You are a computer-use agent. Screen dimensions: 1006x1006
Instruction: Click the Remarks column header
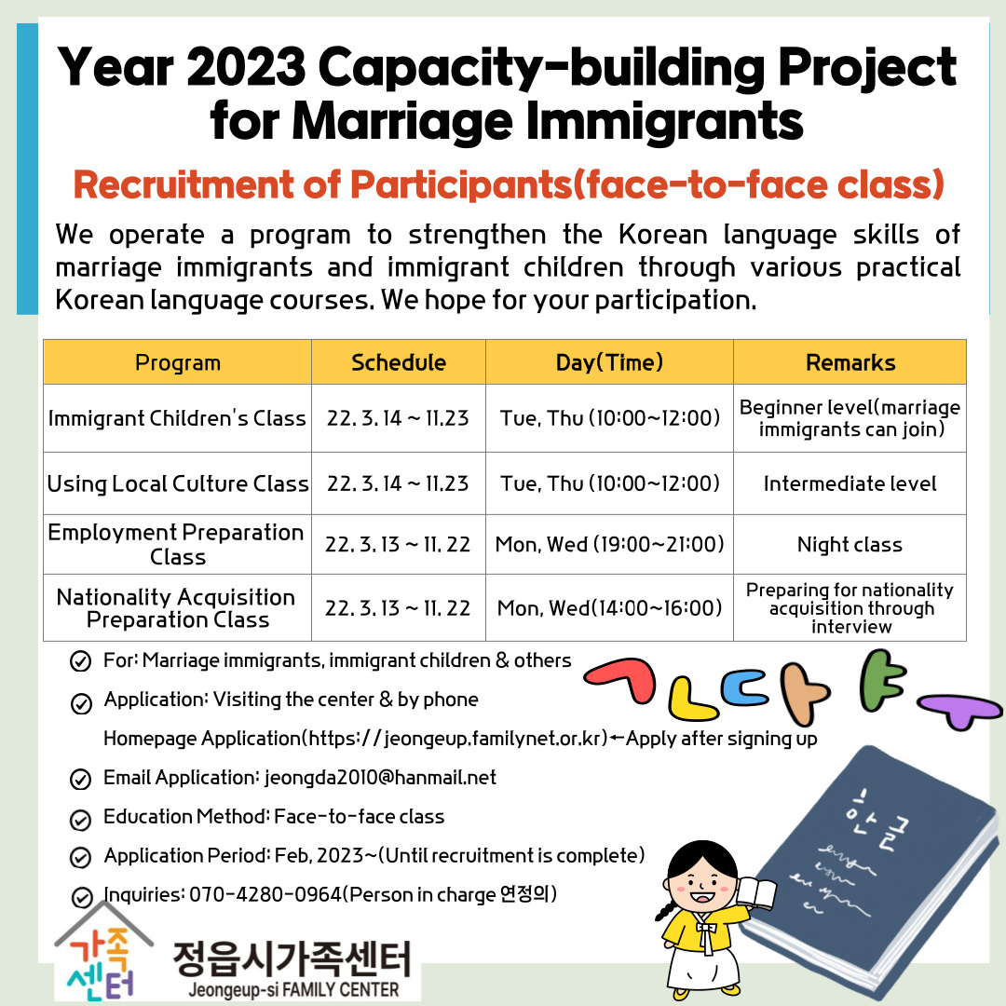click(x=850, y=362)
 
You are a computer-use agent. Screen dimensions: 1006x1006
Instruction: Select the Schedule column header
click(x=399, y=362)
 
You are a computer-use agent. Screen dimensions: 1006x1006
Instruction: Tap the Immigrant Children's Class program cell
click(x=177, y=418)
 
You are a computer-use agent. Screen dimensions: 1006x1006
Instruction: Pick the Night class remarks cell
click(x=850, y=545)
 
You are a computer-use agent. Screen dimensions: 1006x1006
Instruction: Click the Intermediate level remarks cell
click(x=850, y=483)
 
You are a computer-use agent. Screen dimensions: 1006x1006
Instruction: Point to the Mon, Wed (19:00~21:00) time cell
click(x=609, y=545)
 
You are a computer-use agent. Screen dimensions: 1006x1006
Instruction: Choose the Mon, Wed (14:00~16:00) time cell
click(x=609, y=607)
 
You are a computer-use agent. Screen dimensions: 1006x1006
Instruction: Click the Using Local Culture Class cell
click(x=178, y=483)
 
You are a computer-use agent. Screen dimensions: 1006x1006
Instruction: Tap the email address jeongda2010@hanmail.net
click(x=380, y=778)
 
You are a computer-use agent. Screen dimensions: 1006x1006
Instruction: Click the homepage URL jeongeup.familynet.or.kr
click(x=496, y=739)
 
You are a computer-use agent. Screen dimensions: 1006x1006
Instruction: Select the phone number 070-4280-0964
click(x=265, y=894)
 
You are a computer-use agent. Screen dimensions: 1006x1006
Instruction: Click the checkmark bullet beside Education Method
click(x=80, y=820)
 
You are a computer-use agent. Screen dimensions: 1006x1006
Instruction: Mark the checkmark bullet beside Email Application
click(x=80, y=780)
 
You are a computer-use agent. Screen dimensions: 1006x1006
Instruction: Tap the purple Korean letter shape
click(x=960, y=710)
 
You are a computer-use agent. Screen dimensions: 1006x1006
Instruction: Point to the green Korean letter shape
click(x=877, y=681)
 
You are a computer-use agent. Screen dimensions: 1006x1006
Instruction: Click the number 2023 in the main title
click(x=246, y=66)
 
